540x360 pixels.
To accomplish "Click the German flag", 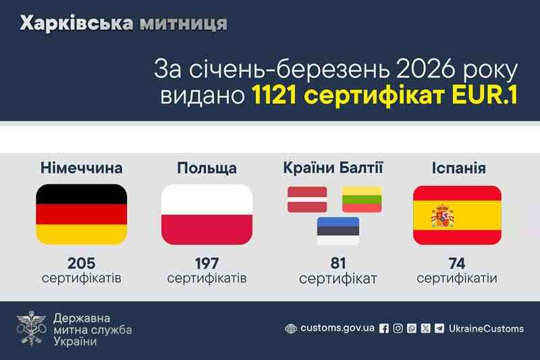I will (80, 214).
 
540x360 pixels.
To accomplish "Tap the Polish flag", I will (207, 214).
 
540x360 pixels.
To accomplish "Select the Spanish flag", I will (456, 214).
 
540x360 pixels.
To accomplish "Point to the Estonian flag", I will (338, 230).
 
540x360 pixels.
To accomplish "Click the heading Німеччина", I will (81, 167).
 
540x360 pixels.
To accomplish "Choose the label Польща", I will (207, 167).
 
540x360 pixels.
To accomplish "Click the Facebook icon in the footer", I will (384, 328).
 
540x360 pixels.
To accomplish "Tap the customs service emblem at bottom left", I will (31, 329).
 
